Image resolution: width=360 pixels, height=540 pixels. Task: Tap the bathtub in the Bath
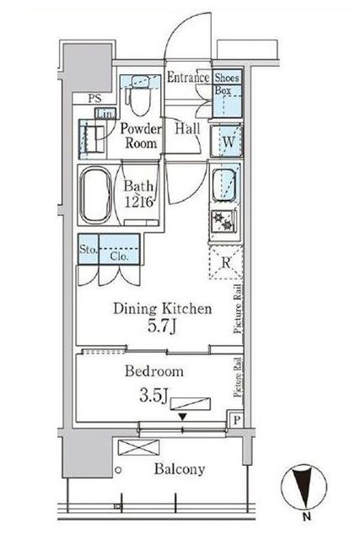point(95,195)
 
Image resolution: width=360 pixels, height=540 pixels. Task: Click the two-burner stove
point(223,221)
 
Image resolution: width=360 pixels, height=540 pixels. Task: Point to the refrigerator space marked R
point(226,262)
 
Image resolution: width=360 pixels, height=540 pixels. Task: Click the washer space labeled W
point(227,142)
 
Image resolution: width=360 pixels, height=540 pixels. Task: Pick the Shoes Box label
point(227,84)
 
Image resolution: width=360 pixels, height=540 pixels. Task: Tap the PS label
point(94,99)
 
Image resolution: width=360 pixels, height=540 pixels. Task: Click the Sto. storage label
point(89,249)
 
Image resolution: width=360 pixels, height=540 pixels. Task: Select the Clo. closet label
point(120,256)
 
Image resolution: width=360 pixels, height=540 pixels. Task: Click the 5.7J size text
point(162,326)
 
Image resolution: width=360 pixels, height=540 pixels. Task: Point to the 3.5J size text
point(153,396)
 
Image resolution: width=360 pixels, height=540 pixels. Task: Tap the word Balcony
point(180,469)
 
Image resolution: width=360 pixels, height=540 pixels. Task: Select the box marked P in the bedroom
point(236,420)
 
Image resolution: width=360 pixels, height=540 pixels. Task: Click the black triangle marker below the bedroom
point(183,417)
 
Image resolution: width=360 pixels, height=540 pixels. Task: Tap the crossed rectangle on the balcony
point(139,447)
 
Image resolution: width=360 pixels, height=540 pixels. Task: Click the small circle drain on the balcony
point(118,470)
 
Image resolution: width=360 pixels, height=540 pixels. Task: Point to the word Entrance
point(188,77)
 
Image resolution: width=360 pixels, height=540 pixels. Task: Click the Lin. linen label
point(105,114)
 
